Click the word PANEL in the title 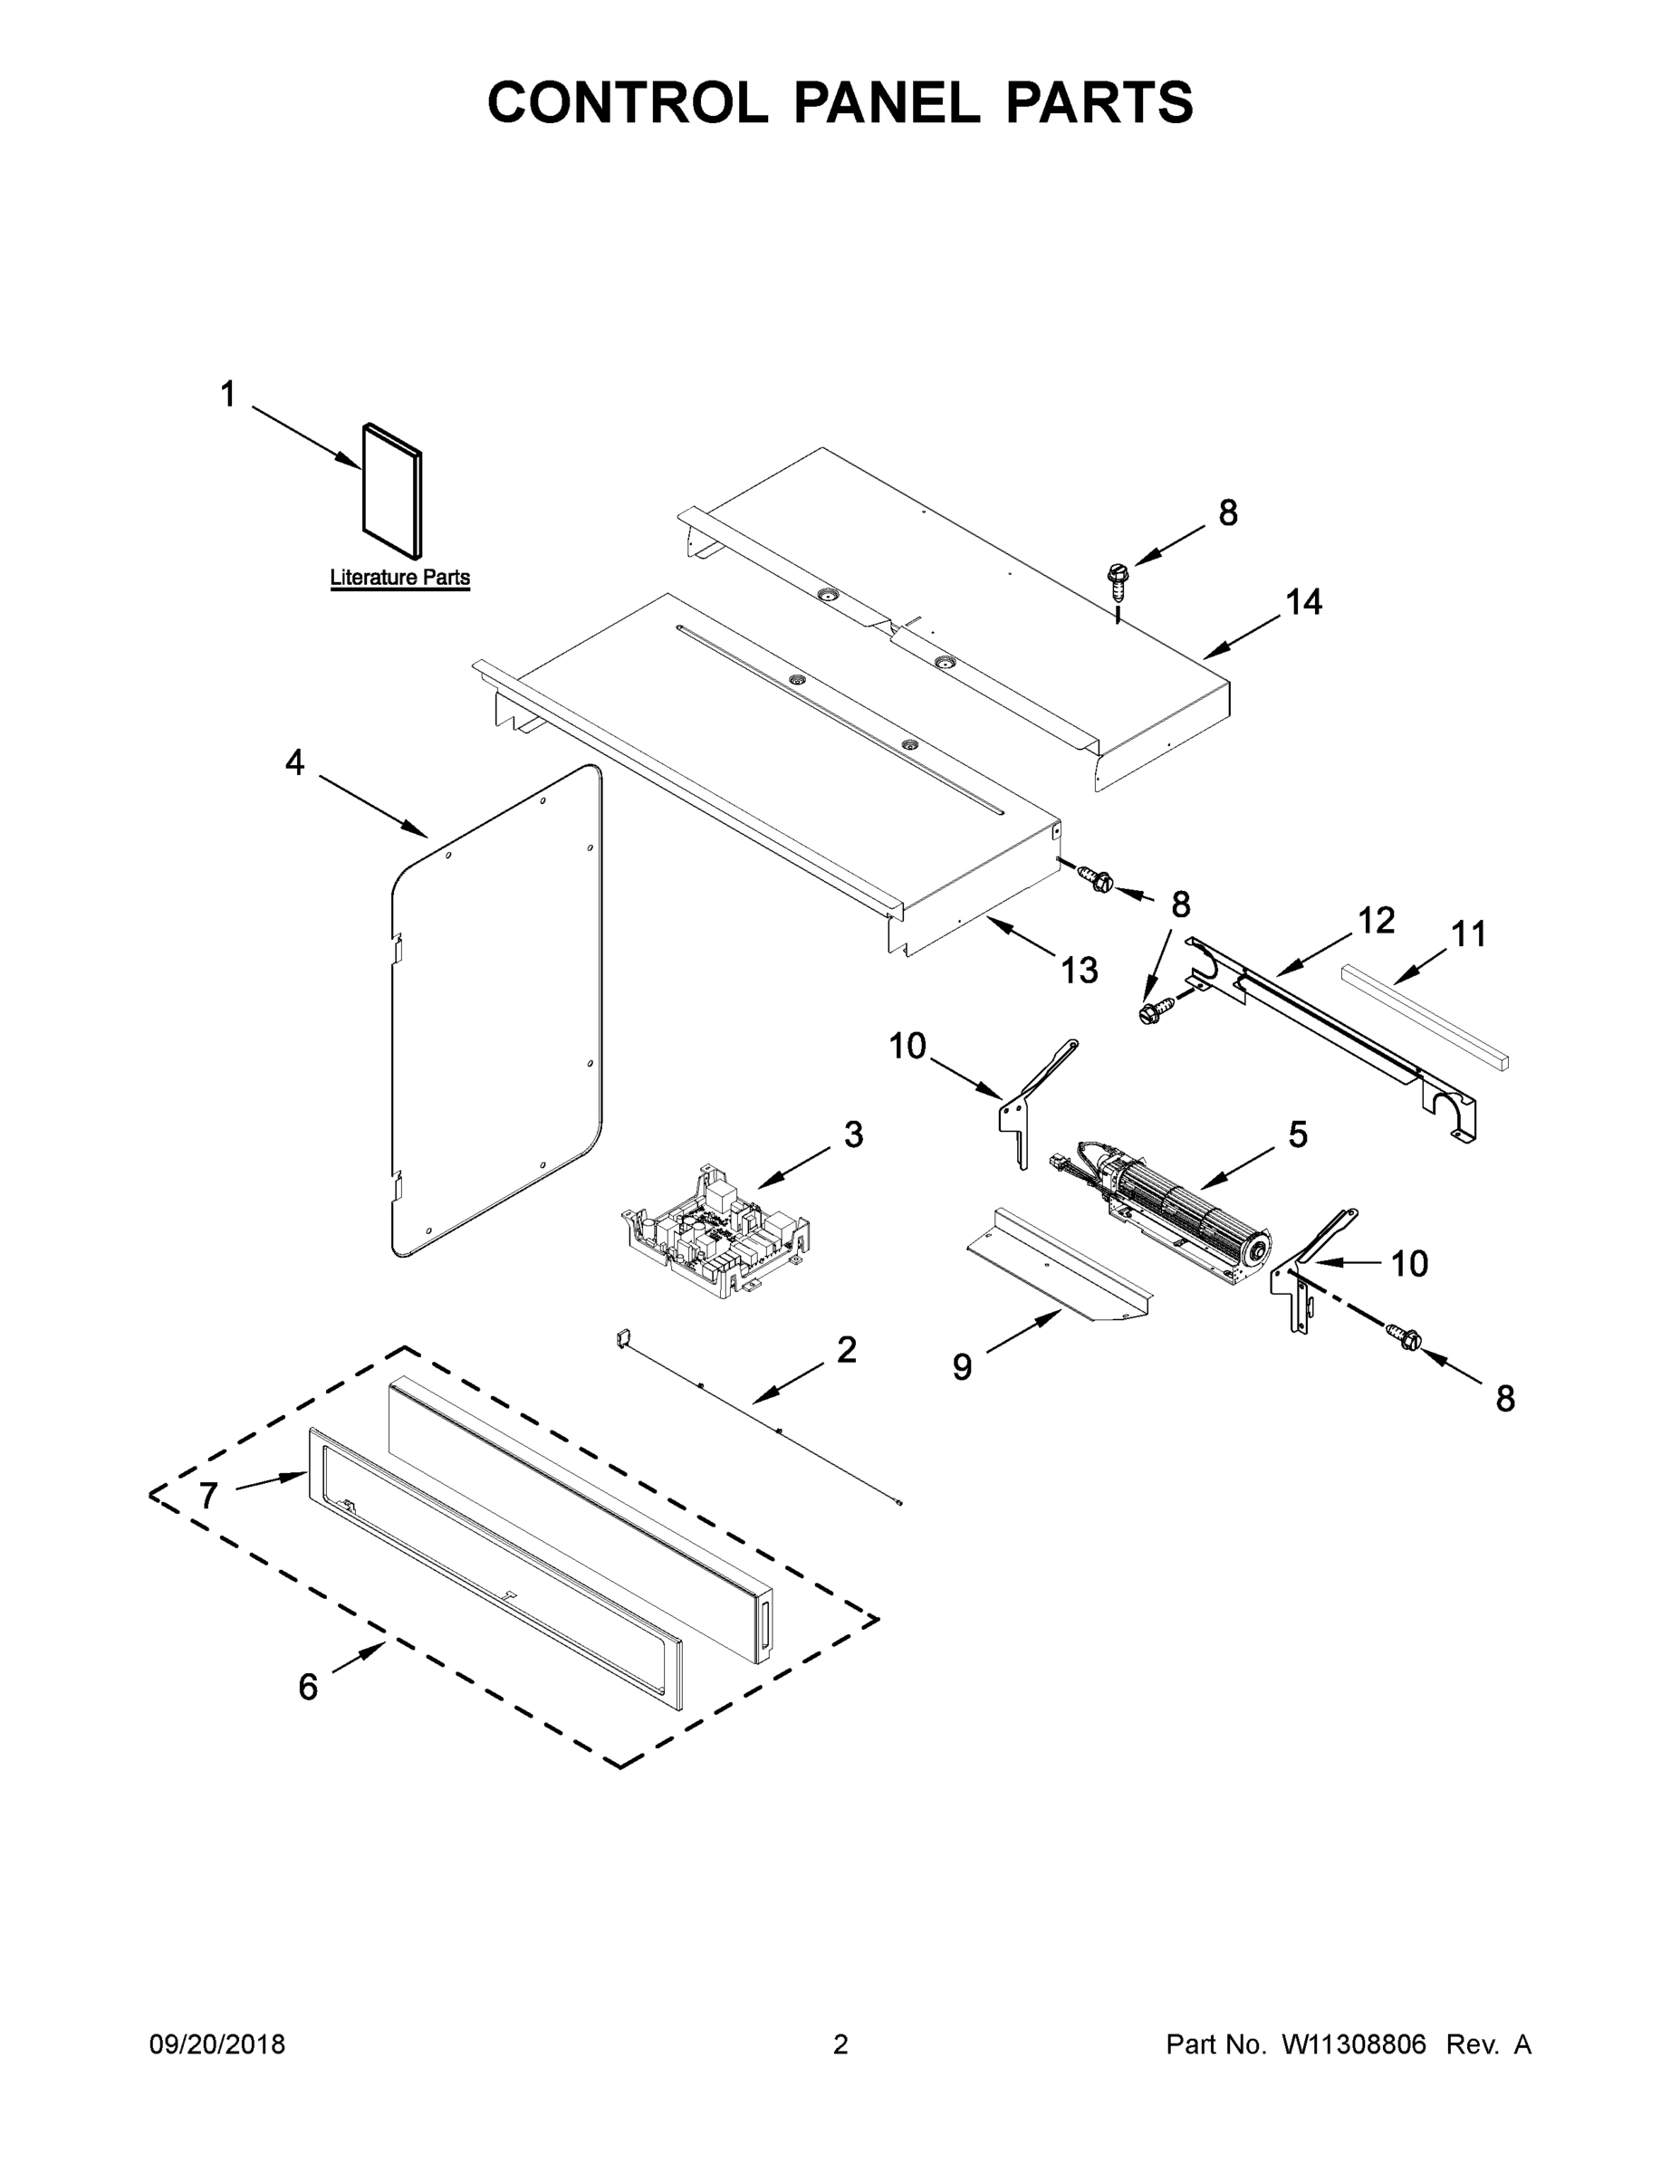(886, 102)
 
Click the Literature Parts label (399, 577)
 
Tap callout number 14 (1303, 602)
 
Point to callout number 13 (1079, 970)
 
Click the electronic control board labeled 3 (714, 1230)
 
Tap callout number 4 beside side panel (294, 763)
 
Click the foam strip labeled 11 (1425, 1016)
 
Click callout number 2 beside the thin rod (846, 1350)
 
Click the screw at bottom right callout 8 (1407, 1339)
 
